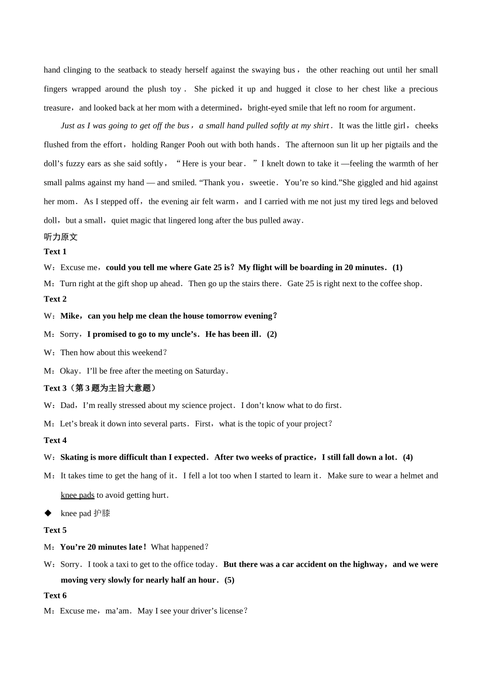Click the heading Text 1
pyautogui.click(x=55, y=252)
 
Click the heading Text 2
pyautogui.click(x=55, y=299)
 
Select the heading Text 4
pyautogui.click(x=55, y=440)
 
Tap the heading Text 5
pyautogui.click(x=55, y=530)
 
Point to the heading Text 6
pyautogui.click(x=55, y=596)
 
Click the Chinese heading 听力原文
pyautogui.click(x=60, y=237)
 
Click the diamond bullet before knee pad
pyautogui.click(x=48, y=513)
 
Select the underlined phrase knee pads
pyautogui.click(x=78, y=495)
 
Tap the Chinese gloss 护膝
pyautogui.click(x=101, y=514)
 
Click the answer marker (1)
pyautogui.click(x=397, y=267)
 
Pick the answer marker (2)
pyautogui.click(x=272, y=334)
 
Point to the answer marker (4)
pyautogui.click(x=408, y=457)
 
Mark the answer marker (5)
pyautogui.click(x=229, y=580)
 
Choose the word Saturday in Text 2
pyautogui.click(x=210, y=371)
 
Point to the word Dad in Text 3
pyautogui.click(x=67, y=405)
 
